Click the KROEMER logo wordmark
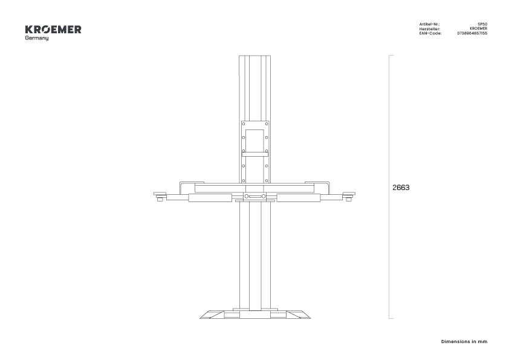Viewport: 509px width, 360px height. [x=53, y=30]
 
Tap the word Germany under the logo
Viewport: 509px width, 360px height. [x=37, y=38]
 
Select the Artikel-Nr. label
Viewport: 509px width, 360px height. [x=429, y=24]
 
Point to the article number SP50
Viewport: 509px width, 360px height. [x=482, y=24]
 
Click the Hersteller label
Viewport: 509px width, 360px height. [x=429, y=29]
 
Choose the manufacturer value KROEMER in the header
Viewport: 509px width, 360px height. [x=479, y=28]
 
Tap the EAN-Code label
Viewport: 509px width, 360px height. [x=430, y=33]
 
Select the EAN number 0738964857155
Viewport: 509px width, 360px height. [x=472, y=33]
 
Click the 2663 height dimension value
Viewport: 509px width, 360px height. [x=401, y=188]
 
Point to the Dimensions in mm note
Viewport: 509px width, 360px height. [x=464, y=341]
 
